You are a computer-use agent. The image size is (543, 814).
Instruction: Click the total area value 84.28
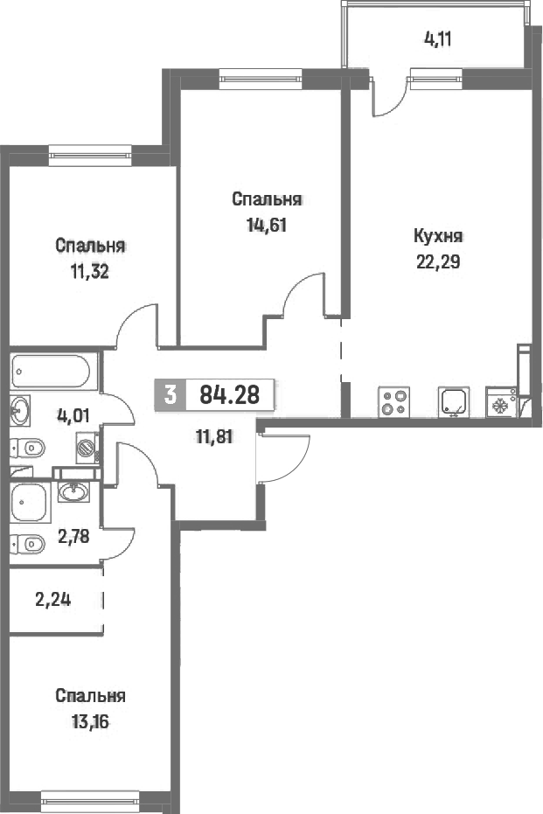coord(229,395)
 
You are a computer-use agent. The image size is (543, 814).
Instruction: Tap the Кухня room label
coord(438,237)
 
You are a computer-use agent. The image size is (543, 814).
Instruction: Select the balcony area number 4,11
coord(437,39)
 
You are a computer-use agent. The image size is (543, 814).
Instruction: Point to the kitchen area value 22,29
coord(438,262)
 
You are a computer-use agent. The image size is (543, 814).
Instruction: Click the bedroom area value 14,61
coord(267,226)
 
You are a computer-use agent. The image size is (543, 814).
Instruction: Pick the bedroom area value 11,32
coord(90,272)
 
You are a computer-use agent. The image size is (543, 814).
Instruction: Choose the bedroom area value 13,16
coord(90,721)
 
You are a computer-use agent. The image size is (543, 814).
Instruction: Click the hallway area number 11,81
coord(214,437)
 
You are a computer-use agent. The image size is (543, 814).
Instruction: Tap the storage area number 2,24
coord(53,600)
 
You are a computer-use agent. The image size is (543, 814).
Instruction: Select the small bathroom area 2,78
coord(73,536)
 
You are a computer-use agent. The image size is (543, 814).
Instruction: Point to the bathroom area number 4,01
coord(73,415)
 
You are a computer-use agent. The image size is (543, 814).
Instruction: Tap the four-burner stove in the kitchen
coord(394,402)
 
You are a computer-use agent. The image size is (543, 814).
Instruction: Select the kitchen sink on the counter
coord(454,401)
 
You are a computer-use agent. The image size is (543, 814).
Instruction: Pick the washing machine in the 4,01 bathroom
coord(87,447)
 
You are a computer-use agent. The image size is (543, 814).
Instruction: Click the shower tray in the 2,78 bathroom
coord(30,503)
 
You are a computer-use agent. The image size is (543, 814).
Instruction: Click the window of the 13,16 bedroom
coord(90,799)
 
